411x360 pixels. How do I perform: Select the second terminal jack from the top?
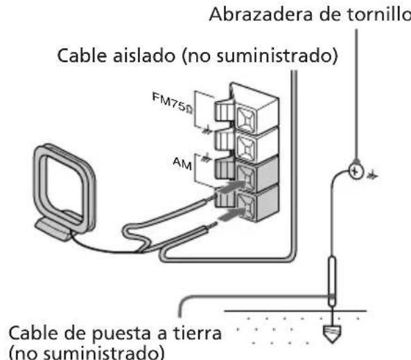(246, 144)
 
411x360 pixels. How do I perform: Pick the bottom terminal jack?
(246, 206)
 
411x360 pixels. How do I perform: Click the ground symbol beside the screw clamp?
(373, 174)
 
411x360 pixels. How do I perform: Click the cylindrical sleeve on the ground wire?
(332, 277)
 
